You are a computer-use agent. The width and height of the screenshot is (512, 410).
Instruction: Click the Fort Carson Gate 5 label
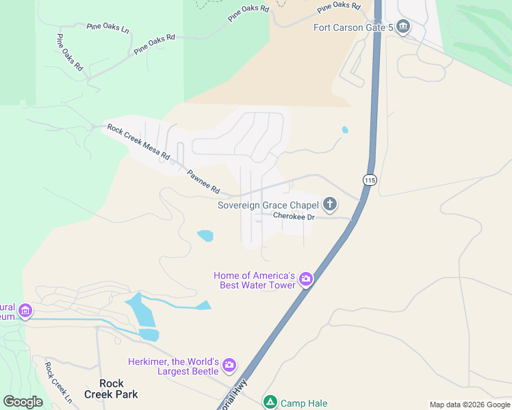pos(353,27)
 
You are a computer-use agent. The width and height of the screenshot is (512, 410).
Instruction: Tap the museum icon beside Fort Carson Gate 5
pos(402,27)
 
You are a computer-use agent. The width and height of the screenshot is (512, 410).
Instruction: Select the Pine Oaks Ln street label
pos(108,27)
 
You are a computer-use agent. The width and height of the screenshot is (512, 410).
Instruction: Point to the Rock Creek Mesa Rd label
pos(138,142)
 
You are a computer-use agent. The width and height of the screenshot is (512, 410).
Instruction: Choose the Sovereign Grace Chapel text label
pos(268,205)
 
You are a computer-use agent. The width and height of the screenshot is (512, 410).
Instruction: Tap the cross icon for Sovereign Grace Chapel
pos(330,204)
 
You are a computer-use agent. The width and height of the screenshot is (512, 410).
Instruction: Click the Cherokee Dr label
pos(294,217)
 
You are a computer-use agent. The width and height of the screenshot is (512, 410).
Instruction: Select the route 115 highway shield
pos(370,180)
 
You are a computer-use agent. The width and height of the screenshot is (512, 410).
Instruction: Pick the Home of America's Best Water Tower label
pos(255,280)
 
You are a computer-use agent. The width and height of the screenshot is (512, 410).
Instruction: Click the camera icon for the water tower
pos(305,279)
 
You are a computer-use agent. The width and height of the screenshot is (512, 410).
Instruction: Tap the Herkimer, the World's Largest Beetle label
pos(173,366)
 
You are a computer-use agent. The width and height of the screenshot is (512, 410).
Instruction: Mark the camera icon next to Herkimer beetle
pos(229,366)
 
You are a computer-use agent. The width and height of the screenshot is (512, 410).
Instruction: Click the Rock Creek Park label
pos(111,389)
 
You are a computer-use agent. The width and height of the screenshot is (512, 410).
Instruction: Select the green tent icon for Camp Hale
pos(270,402)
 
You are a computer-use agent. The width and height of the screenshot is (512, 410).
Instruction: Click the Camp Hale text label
pos(304,403)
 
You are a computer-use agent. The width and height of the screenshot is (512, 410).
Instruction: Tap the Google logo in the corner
pos(23,402)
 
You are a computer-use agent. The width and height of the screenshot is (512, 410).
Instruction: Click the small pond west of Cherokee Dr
pos(205,236)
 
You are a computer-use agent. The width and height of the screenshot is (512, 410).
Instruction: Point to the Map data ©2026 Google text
pos(470,405)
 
